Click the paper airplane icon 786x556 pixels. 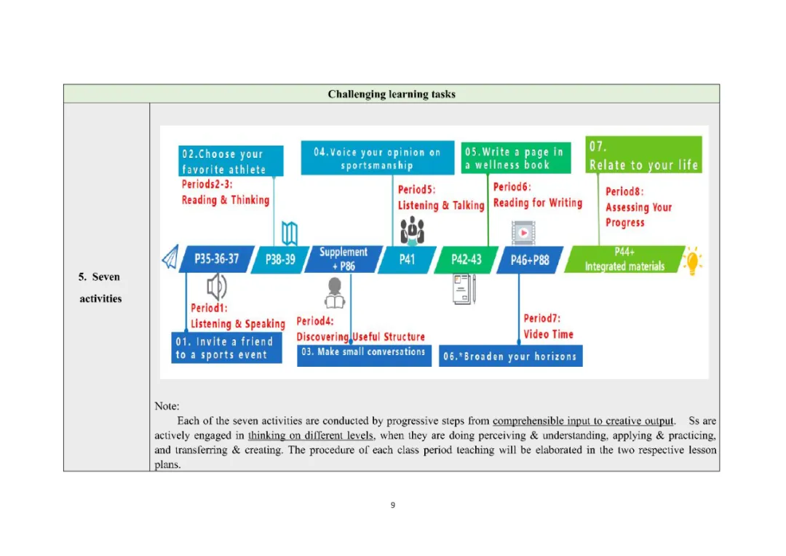[170, 258]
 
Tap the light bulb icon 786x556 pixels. [693, 260]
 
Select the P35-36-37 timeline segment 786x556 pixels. [216, 259]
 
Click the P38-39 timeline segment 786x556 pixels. [280, 259]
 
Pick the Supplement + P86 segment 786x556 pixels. [343, 259]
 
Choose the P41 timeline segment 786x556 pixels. [406, 259]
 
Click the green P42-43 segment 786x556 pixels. [466, 260]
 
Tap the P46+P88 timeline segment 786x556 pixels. [529, 260]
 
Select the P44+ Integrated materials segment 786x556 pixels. [624, 260]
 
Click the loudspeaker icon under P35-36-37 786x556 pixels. [216, 287]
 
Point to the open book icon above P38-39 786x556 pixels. [290, 234]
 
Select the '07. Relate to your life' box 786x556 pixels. [643, 155]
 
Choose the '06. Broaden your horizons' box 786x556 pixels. [511, 356]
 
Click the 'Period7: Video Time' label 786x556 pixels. [548, 326]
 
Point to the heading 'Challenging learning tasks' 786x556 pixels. [392, 94]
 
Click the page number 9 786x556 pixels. [393, 505]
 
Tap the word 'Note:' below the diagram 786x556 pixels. [167, 405]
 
